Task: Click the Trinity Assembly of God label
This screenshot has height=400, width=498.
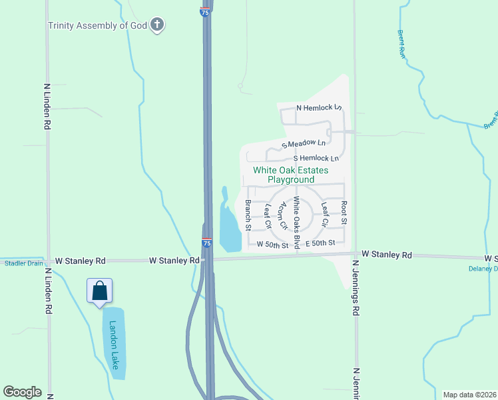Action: point(97,25)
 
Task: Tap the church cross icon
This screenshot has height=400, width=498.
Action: point(157,25)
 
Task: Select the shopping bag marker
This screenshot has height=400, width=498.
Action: point(100,291)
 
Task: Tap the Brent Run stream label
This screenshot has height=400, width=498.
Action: point(401,44)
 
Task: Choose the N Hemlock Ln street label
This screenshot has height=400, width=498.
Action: point(319,107)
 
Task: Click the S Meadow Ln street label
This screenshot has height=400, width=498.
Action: point(304,143)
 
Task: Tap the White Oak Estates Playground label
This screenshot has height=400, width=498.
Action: point(291,175)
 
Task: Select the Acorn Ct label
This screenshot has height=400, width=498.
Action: point(283,215)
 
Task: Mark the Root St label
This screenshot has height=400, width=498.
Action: point(344,212)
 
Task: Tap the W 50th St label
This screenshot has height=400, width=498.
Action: point(272,245)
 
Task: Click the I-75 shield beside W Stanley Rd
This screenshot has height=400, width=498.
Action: point(207,243)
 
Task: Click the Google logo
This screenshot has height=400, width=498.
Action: point(22,392)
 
